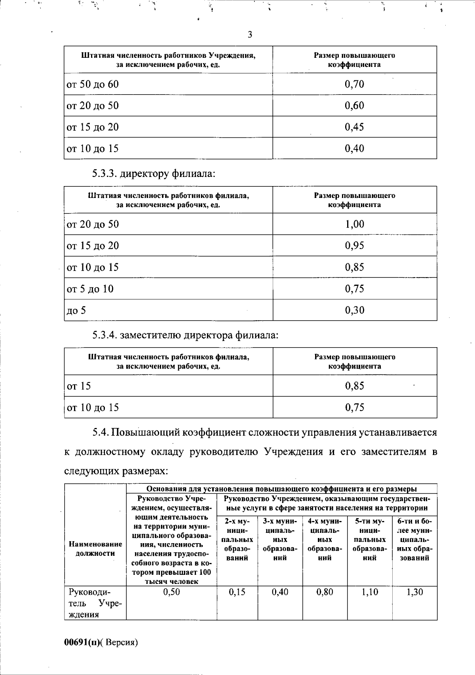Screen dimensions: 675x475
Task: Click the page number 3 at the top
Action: pyautogui.click(x=250, y=35)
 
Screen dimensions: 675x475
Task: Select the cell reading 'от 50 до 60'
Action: pyautogui.click(x=93, y=84)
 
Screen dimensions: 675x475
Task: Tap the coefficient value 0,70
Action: pyautogui.click(x=354, y=84)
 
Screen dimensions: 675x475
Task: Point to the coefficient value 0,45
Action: pyautogui.click(x=354, y=127)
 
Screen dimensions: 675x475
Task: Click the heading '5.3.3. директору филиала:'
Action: pyautogui.click(x=154, y=173)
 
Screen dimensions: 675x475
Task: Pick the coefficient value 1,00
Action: pyautogui.click(x=354, y=224)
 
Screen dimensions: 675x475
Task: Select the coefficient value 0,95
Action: pyautogui.click(x=354, y=246)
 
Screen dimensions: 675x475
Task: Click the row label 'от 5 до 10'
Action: pyautogui.click(x=90, y=289)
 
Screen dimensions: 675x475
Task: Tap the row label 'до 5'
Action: pyautogui.click(x=76, y=310)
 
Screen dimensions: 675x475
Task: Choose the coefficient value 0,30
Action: pyautogui.click(x=354, y=310)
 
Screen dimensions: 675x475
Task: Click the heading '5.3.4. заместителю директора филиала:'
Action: pyautogui.click(x=185, y=335)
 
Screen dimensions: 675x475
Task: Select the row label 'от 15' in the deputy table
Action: pyautogui.click(x=79, y=386)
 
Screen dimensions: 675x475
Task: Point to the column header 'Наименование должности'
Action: pyautogui.click(x=95, y=549)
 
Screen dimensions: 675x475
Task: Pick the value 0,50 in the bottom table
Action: pyautogui.click(x=171, y=592)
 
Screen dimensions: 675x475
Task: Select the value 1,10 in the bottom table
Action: pyautogui.click(x=370, y=592)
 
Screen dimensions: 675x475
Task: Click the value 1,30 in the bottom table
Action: pyautogui.click(x=414, y=592)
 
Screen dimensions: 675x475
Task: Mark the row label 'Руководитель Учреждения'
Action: pyautogui.click(x=95, y=603)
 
